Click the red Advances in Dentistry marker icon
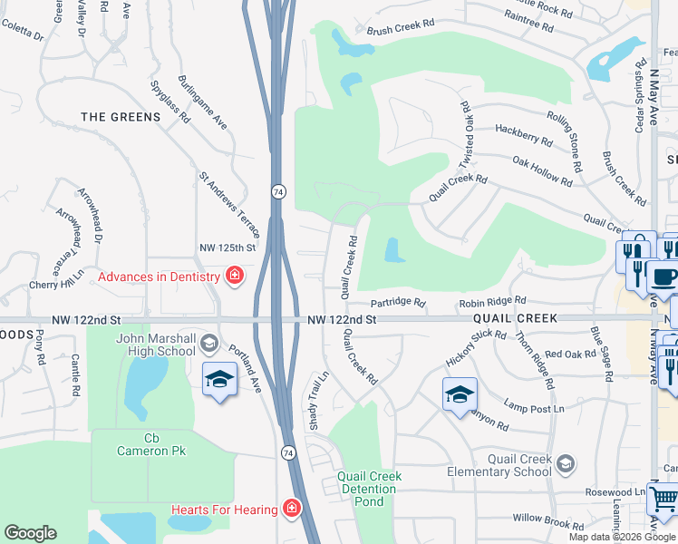pyautogui.click(x=235, y=276)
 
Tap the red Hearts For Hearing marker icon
pyautogui.click(x=292, y=509)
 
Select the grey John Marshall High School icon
pyautogui.click(x=209, y=342)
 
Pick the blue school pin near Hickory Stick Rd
pyautogui.click(x=460, y=393)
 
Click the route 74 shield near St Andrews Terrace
pyautogui.click(x=276, y=191)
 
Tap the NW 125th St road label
pyautogui.click(x=228, y=248)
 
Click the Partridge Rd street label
pyautogui.click(x=398, y=302)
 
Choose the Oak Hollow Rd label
pyautogui.click(x=542, y=170)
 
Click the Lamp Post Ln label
pyautogui.click(x=535, y=407)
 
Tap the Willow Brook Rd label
pyautogui.click(x=548, y=522)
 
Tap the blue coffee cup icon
pyautogui.click(x=664, y=277)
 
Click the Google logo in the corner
pyautogui.click(x=31, y=533)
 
